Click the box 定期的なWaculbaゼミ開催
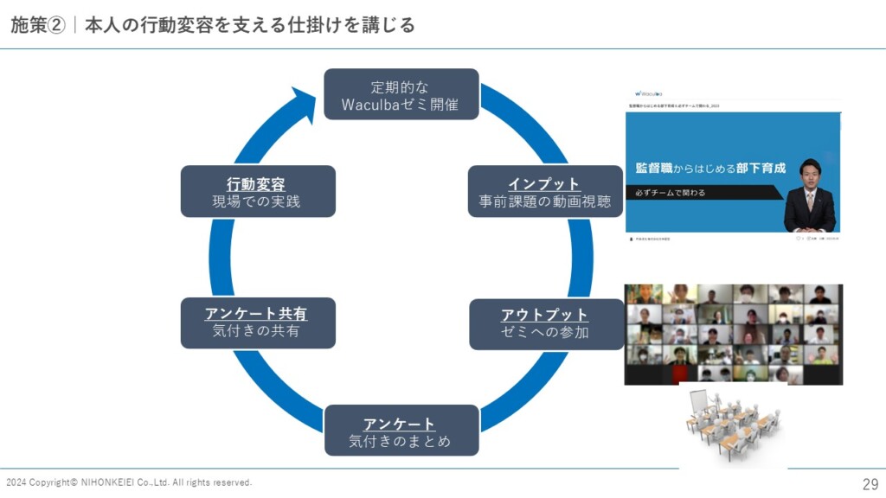pyautogui.click(x=401, y=95)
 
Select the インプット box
pyautogui.click(x=545, y=192)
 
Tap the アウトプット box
pyautogui.click(x=545, y=323)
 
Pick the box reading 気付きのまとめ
pyautogui.click(x=400, y=431)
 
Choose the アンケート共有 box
pyautogui.click(x=257, y=322)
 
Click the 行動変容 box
pyautogui.click(x=257, y=192)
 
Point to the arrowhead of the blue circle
pyautogui.click(x=304, y=102)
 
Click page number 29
pyautogui.click(x=870, y=483)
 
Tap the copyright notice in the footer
pyautogui.click(x=129, y=482)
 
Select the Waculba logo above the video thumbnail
pyautogui.click(x=649, y=93)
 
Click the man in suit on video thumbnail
pyautogui.click(x=809, y=197)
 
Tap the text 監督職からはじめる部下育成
pyautogui.click(x=709, y=168)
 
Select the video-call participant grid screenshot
pyautogui.click(x=733, y=334)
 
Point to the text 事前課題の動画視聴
pyautogui.click(x=545, y=202)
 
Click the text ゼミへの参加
pyautogui.click(x=545, y=333)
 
